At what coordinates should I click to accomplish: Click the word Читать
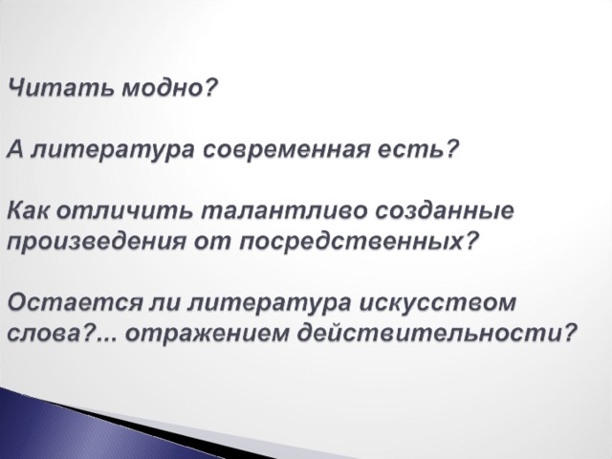(60, 88)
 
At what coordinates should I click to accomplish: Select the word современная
(286, 149)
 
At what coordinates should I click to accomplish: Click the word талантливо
(284, 210)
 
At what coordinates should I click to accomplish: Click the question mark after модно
(210, 88)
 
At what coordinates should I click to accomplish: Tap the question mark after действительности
(569, 334)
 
